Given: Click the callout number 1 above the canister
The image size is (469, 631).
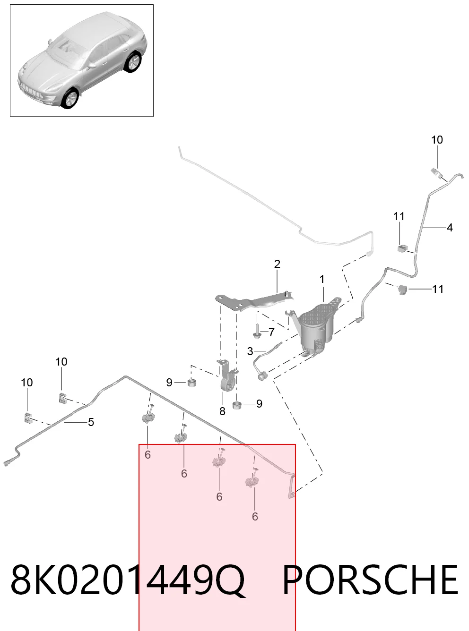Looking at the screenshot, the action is tap(322, 279).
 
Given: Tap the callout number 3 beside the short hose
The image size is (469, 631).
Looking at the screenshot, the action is tap(250, 351).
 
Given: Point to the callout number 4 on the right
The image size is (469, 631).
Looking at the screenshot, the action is tap(450, 227).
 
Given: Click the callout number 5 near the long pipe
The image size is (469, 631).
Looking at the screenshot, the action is tap(91, 422).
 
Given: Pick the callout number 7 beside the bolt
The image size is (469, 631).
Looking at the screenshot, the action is tap(271, 332).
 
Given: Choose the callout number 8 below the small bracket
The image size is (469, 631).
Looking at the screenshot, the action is tap(222, 411).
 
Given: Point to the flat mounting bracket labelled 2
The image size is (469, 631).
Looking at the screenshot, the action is tap(253, 301).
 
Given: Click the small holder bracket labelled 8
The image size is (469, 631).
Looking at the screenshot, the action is tap(227, 376).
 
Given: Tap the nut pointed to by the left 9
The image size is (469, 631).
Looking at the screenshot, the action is tap(192, 383).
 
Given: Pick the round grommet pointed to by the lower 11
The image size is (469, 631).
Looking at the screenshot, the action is tap(402, 290).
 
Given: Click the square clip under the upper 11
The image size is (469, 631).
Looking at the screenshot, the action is tap(402, 248).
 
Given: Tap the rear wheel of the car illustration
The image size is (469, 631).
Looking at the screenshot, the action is tap(133, 62).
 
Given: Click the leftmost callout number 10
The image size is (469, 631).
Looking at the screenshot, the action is tap(27, 383).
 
